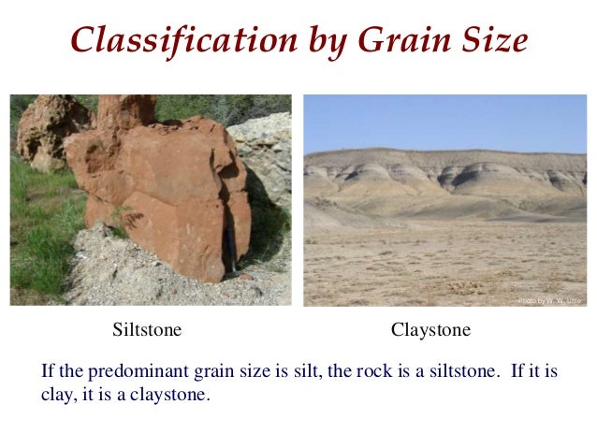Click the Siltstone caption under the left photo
click(147, 330)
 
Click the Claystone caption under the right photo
click(430, 330)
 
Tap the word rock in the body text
click(371, 371)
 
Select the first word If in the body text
click(49, 371)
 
